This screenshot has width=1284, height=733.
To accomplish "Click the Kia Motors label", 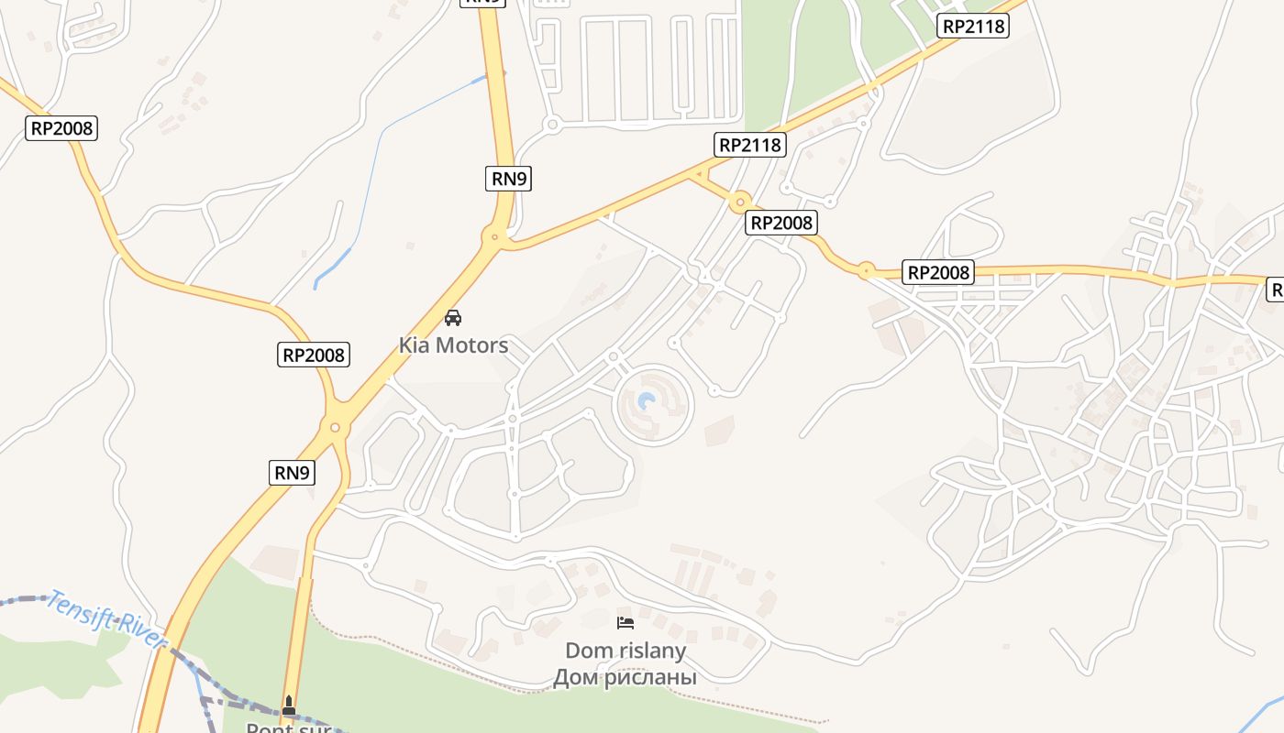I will pyautogui.click(x=453, y=345).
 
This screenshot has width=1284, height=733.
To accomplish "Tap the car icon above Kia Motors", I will pyautogui.click(x=452, y=318).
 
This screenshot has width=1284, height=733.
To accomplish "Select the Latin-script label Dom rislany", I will pyautogui.click(x=625, y=651).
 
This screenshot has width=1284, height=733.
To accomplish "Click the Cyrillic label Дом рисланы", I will pyautogui.click(x=625, y=678).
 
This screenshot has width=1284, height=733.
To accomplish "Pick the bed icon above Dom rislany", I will pyautogui.click(x=625, y=623).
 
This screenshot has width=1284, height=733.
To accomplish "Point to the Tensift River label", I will pyautogui.click(x=106, y=619).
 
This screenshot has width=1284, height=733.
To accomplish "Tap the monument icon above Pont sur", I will pyautogui.click(x=289, y=705).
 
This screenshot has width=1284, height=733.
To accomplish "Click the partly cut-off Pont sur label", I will pyautogui.click(x=288, y=728).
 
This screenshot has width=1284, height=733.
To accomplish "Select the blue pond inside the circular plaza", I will pyautogui.click(x=648, y=401).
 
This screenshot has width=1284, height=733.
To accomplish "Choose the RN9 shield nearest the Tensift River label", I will pyautogui.click(x=293, y=473).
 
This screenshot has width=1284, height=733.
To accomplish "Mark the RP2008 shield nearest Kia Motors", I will pyautogui.click(x=314, y=355).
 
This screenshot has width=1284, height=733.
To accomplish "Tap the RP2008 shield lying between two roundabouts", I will pyautogui.click(x=781, y=223).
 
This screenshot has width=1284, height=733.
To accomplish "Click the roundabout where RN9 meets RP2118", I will pyautogui.click(x=495, y=237).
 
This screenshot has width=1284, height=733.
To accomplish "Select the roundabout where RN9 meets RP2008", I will pyautogui.click(x=336, y=427).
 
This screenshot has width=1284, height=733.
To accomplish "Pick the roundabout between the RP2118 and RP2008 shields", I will pyautogui.click(x=740, y=201).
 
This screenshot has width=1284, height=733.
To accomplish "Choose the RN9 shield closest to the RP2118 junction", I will pyautogui.click(x=508, y=179).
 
